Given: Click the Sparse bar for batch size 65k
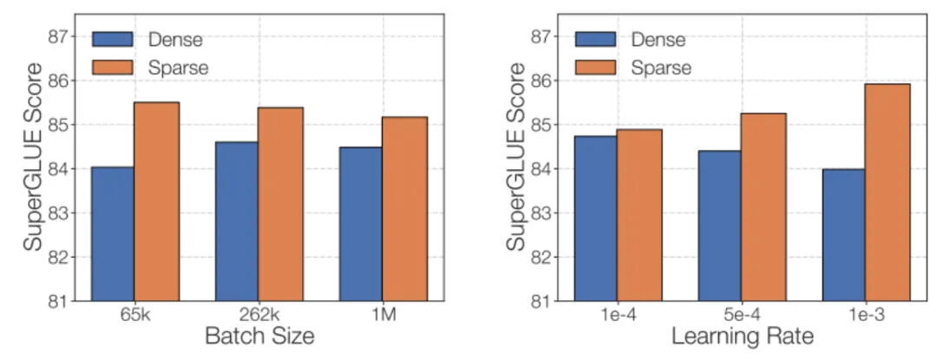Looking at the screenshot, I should [x=157, y=201].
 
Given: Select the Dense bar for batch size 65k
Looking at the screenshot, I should [x=112, y=233].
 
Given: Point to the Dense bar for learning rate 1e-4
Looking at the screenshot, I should [x=595, y=219].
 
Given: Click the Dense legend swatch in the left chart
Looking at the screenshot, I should [x=112, y=39].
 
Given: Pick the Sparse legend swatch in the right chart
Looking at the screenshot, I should [x=595, y=66].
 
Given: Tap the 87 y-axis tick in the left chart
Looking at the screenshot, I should [x=60, y=36].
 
